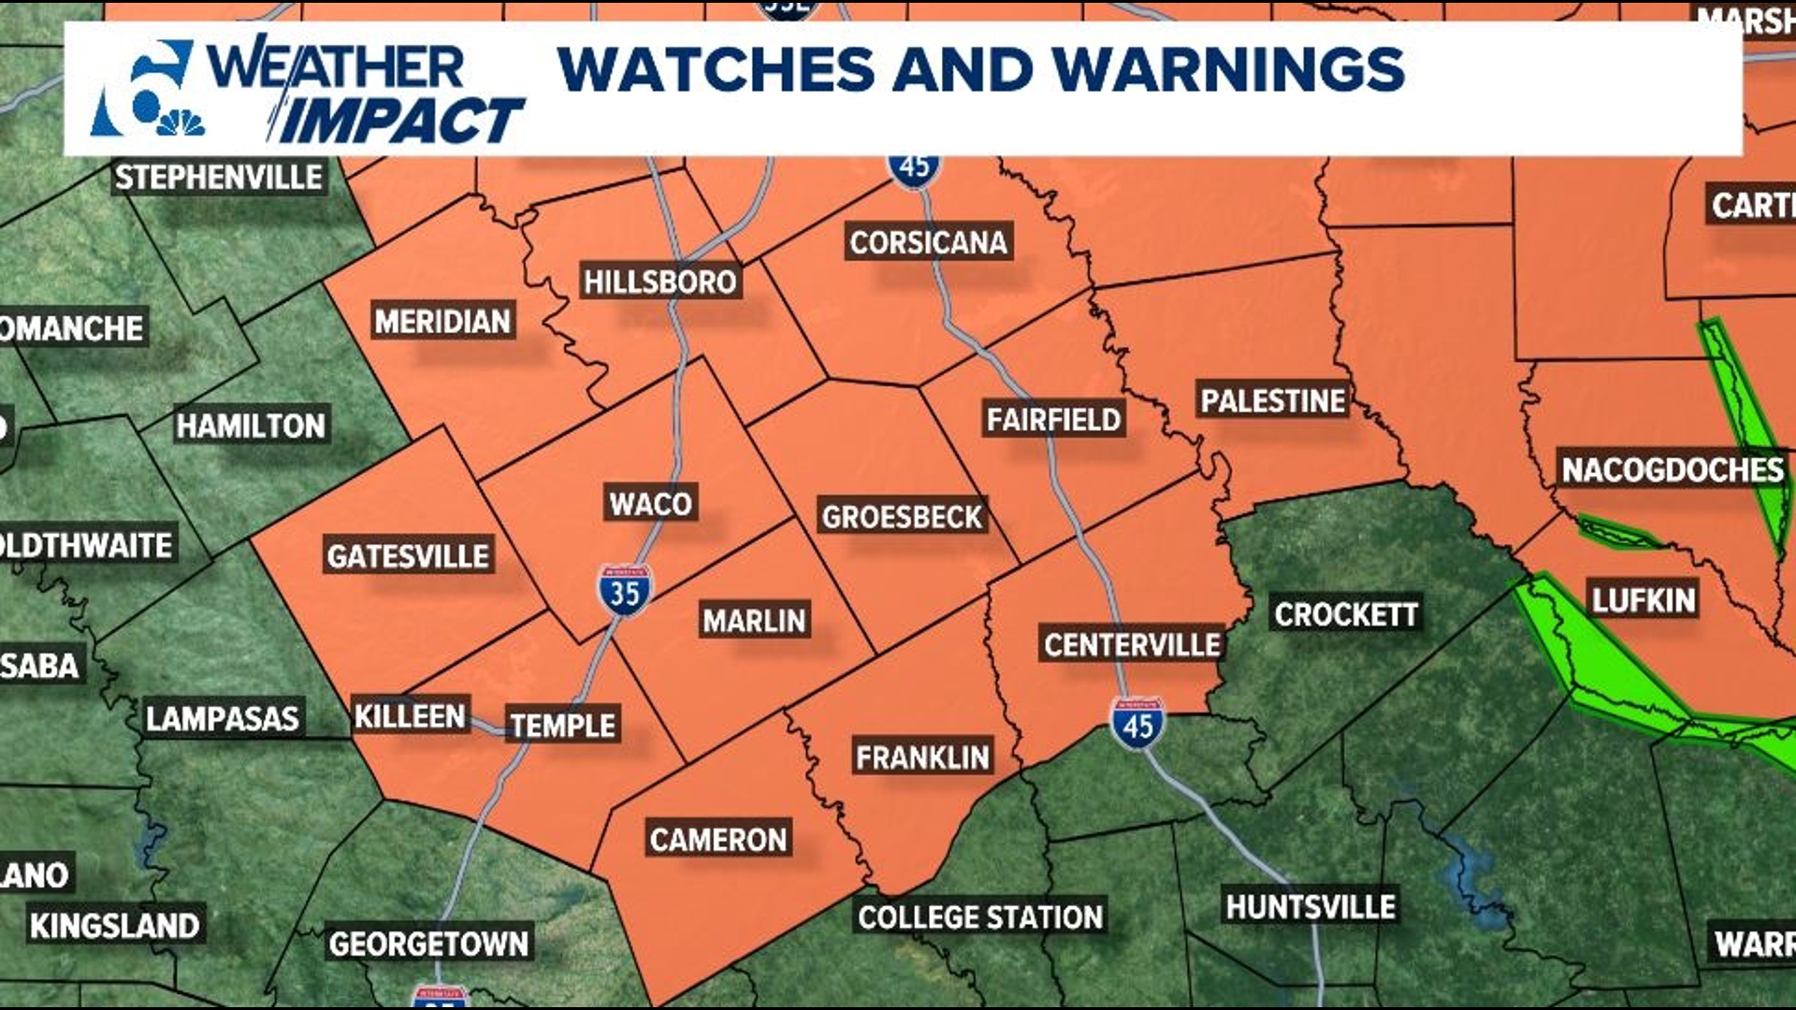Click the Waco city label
coord(650,504)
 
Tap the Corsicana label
coord(928,242)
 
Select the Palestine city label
coord(1272,401)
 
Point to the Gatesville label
coord(408,556)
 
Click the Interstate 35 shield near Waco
coord(625,591)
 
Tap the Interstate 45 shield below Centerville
coord(1137,724)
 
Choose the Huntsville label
coord(1311,906)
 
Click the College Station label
coord(980,917)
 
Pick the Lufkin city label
coord(1644,599)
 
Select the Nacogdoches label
coord(1673,469)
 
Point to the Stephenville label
coord(219,177)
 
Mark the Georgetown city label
coord(428,944)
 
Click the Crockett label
coord(1346,614)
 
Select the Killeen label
coord(410,716)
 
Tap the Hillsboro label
coord(659,281)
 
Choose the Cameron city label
coord(717,840)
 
